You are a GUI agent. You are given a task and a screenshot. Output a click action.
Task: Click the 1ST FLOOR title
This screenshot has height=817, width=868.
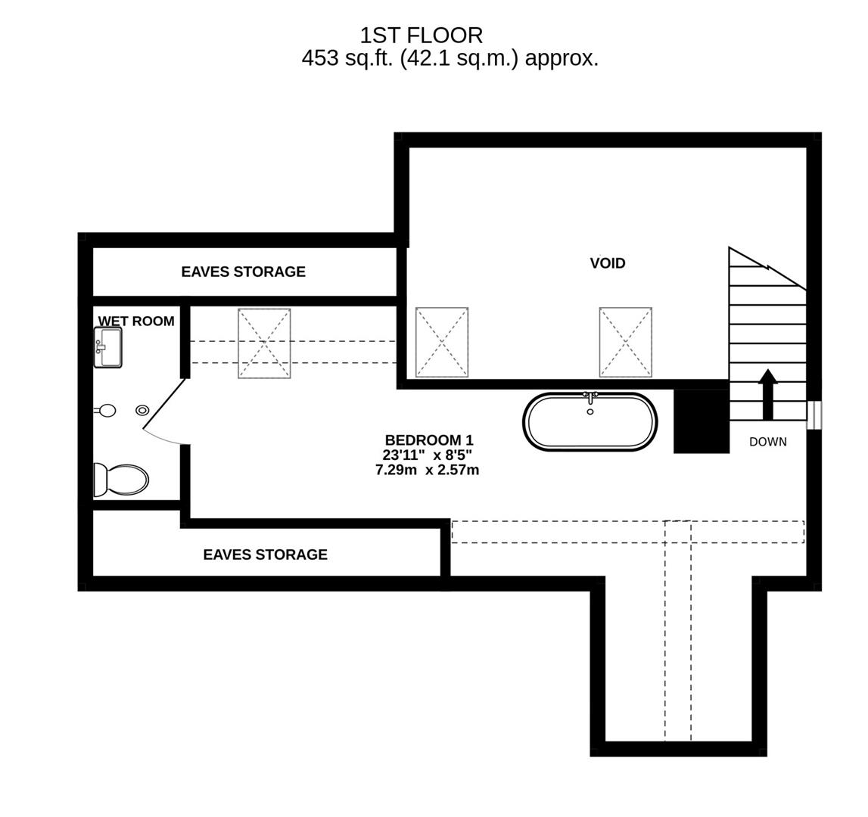[x=421, y=36]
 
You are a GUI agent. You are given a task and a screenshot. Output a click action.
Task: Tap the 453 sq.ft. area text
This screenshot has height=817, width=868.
[x=450, y=58]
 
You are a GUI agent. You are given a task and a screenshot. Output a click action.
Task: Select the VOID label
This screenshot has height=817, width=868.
[x=608, y=263]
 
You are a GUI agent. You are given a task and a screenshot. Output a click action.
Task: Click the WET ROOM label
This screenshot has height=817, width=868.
[x=136, y=321]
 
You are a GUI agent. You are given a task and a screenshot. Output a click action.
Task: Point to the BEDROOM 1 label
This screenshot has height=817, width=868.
[x=428, y=440]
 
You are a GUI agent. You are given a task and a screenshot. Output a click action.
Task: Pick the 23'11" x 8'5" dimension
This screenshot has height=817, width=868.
[x=427, y=455]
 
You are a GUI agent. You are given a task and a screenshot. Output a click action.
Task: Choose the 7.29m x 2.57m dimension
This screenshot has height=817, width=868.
[x=427, y=470]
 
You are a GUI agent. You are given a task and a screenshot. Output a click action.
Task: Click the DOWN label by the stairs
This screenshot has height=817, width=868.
[x=767, y=442]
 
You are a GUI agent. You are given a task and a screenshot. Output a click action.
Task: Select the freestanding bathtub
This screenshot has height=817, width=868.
[x=590, y=422]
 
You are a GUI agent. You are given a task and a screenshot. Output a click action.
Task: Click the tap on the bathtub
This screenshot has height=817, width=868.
[x=590, y=396]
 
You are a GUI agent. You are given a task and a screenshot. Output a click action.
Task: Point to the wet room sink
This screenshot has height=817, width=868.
[x=107, y=347]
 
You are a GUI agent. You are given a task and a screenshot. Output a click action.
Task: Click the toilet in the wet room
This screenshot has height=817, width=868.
[x=121, y=480]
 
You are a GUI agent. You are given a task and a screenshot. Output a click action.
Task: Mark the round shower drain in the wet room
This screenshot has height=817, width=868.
[x=142, y=410]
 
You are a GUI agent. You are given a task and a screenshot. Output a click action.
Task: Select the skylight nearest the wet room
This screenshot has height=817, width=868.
[x=264, y=343]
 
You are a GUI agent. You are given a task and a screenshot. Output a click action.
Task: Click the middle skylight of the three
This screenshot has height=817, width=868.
[x=442, y=342]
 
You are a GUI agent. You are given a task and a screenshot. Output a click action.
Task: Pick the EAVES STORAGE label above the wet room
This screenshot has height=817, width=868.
[x=243, y=272]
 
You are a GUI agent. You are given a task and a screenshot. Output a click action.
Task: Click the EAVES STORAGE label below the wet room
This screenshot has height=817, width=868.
[x=265, y=555]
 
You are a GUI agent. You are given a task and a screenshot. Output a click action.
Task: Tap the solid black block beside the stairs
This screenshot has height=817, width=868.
[x=701, y=421]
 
